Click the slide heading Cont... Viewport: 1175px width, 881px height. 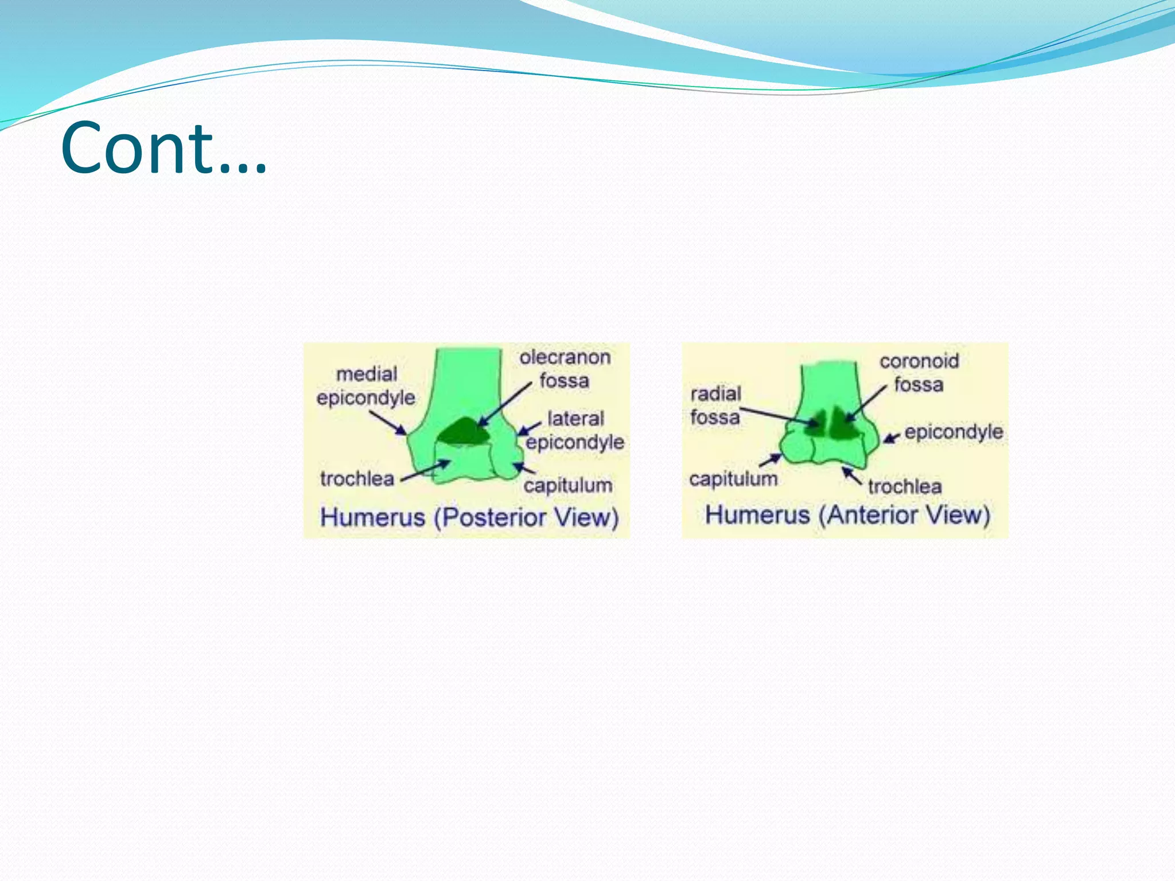[x=164, y=148]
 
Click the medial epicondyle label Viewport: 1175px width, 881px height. [x=366, y=386]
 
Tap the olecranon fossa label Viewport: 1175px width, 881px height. [x=565, y=369]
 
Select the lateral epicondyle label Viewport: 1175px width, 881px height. [x=575, y=430]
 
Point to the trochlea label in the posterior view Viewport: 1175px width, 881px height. [x=357, y=478]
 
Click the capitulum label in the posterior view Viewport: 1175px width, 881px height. [x=567, y=485]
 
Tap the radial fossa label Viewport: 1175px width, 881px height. [x=715, y=406]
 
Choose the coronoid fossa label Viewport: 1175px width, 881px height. [x=919, y=372]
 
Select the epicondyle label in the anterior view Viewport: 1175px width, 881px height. [x=954, y=431]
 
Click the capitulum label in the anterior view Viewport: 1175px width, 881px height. [x=733, y=478]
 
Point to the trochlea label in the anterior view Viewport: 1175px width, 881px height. [x=904, y=486]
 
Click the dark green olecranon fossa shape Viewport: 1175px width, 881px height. [x=464, y=432]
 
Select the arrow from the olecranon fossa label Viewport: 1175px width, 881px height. [x=505, y=404]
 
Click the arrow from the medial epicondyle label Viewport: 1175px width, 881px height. [x=388, y=422]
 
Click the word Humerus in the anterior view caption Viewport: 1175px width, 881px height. [x=757, y=515]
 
